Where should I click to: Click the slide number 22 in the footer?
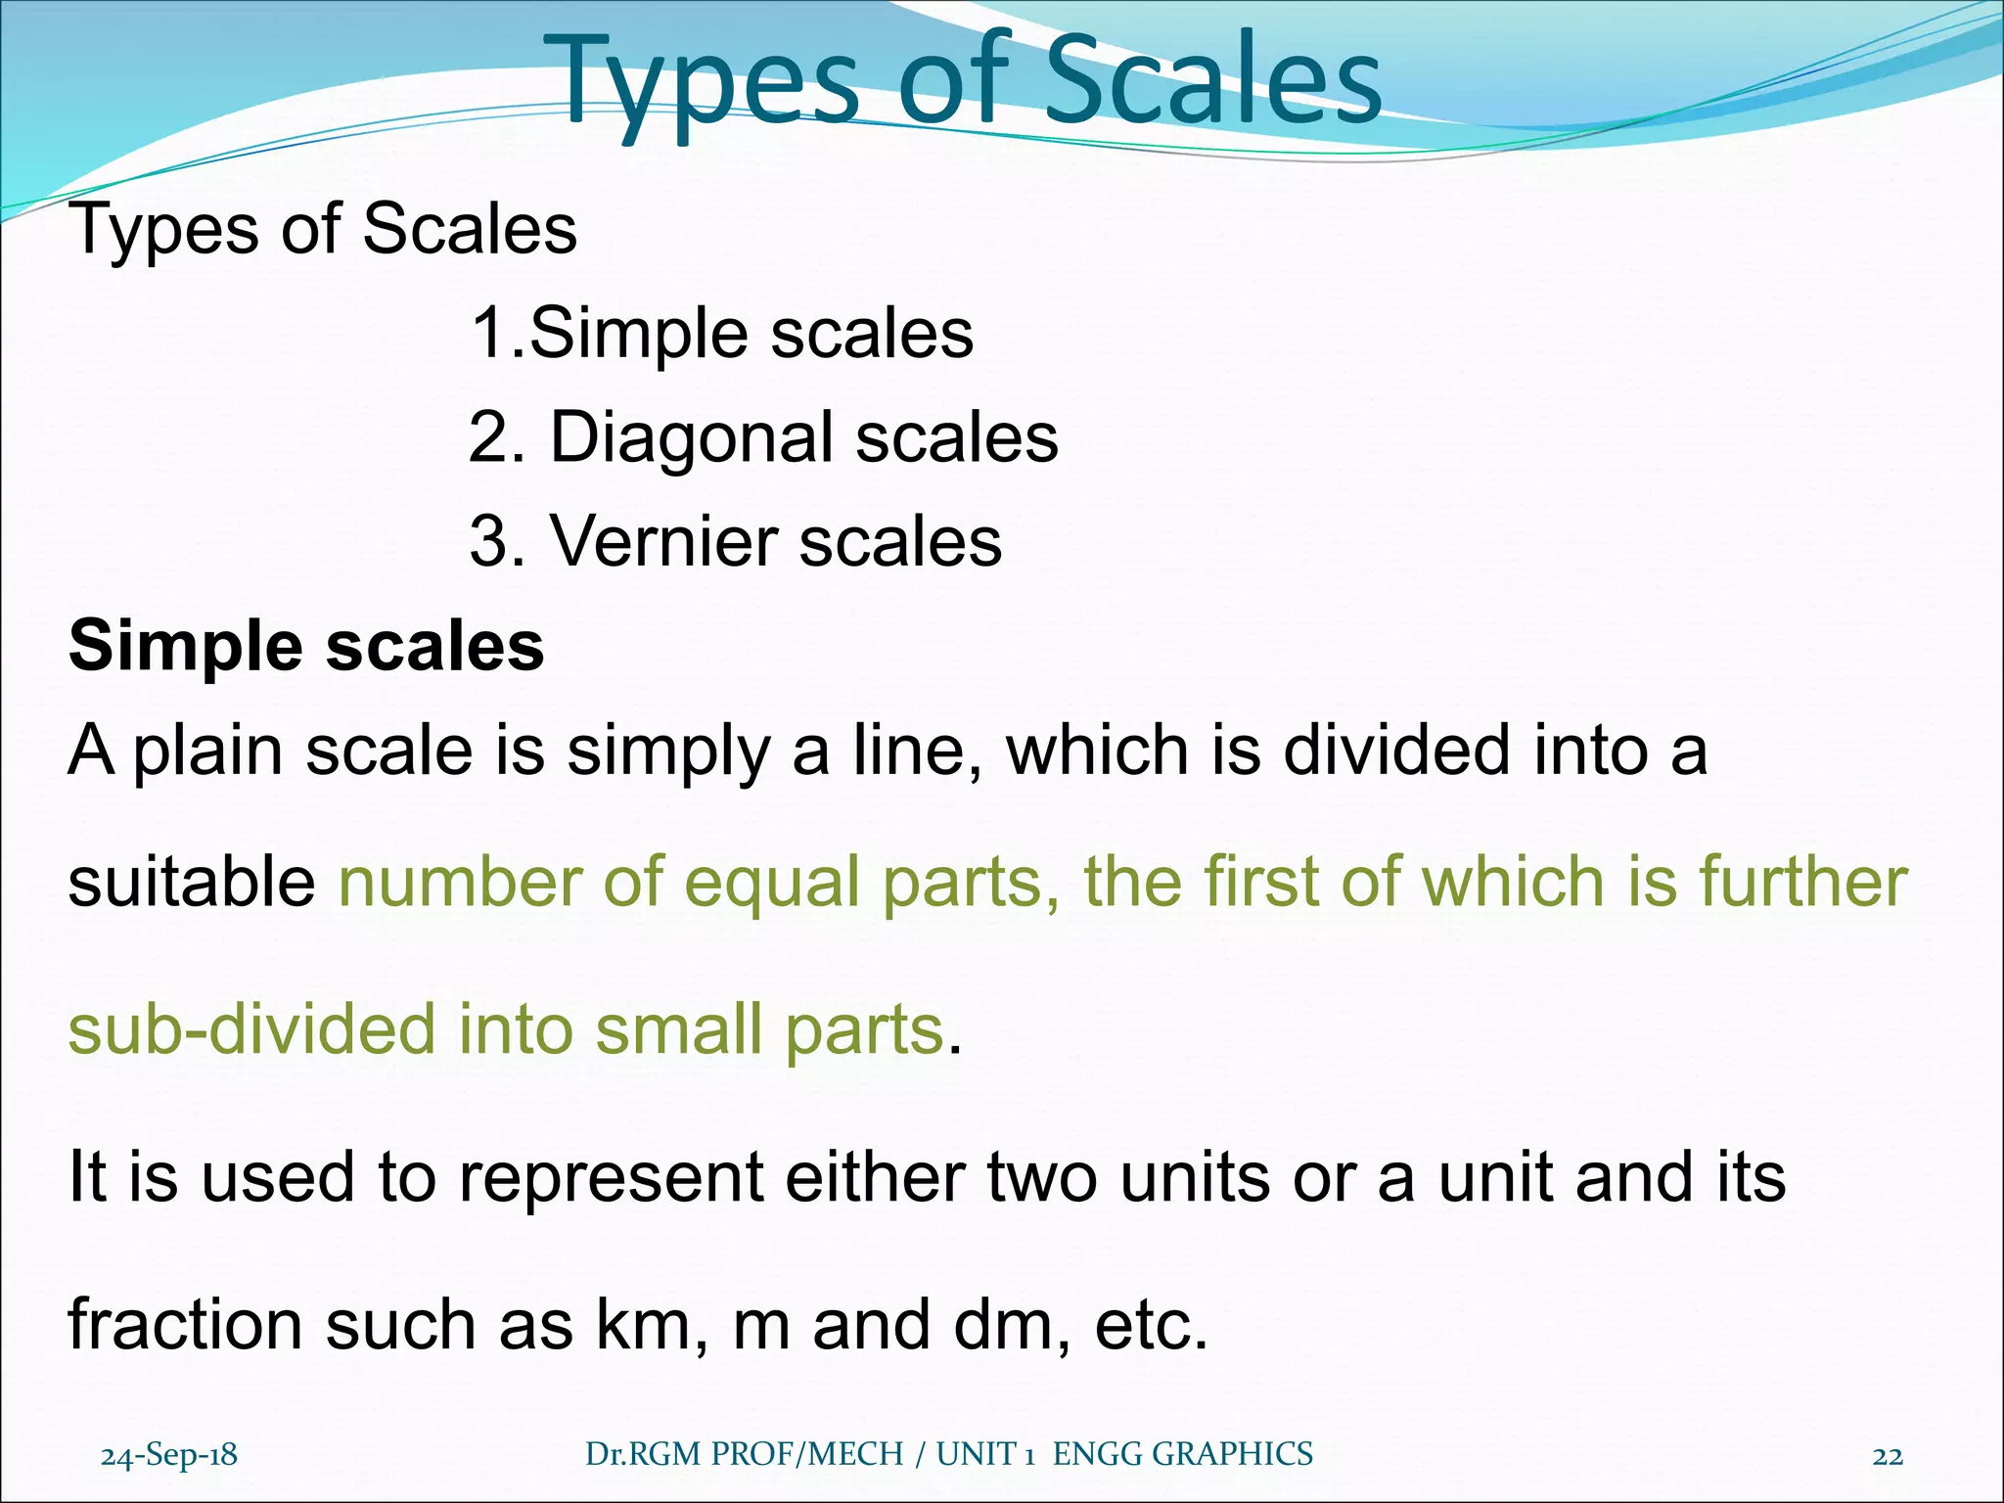(1888, 1456)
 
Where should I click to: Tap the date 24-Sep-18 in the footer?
(169, 1456)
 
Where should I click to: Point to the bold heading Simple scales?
(306, 647)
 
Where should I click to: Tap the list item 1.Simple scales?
(722, 334)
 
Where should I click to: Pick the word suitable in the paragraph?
(192, 882)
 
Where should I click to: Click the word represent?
(612, 1177)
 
